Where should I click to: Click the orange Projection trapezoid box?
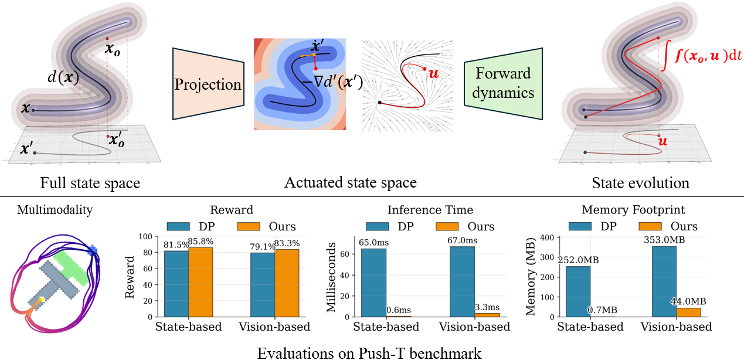(208, 84)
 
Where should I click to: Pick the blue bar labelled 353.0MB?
(664, 281)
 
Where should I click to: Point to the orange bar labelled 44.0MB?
(688, 312)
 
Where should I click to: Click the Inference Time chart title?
(430, 210)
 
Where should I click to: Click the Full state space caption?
(90, 183)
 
